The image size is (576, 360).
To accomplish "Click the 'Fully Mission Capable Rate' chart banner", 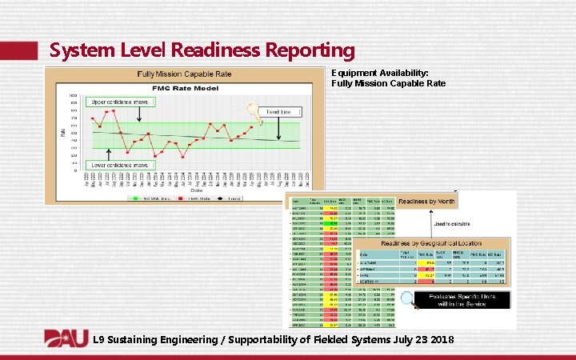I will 185,74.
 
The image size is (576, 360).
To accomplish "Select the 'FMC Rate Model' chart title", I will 185,87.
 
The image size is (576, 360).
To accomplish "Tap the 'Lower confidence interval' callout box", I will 119,165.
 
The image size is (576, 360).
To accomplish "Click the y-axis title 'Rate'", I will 63,130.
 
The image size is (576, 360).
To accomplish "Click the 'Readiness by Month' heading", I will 426,202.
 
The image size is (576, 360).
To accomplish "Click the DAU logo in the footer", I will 66,338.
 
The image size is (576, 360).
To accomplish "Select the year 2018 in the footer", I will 440,340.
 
